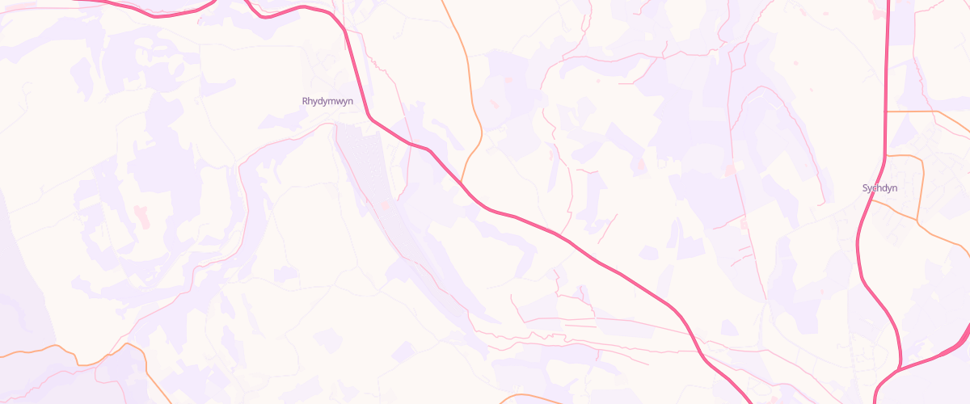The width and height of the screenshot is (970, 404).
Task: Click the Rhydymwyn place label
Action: pos(327,102)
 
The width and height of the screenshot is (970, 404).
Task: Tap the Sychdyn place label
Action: pos(880,188)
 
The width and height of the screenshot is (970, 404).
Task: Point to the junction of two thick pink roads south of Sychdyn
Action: pos(900,368)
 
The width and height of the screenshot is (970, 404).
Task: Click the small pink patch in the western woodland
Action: pos(144,216)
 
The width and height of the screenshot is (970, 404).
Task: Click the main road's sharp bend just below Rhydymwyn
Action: pos(370,117)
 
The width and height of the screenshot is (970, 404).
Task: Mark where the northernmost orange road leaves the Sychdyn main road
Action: pos(888,112)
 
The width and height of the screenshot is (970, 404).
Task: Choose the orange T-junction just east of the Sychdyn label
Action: pos(917,218)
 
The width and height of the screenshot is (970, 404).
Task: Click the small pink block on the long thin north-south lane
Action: pos(732,170)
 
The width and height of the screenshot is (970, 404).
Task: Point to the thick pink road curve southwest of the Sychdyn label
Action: pos(861,242)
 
